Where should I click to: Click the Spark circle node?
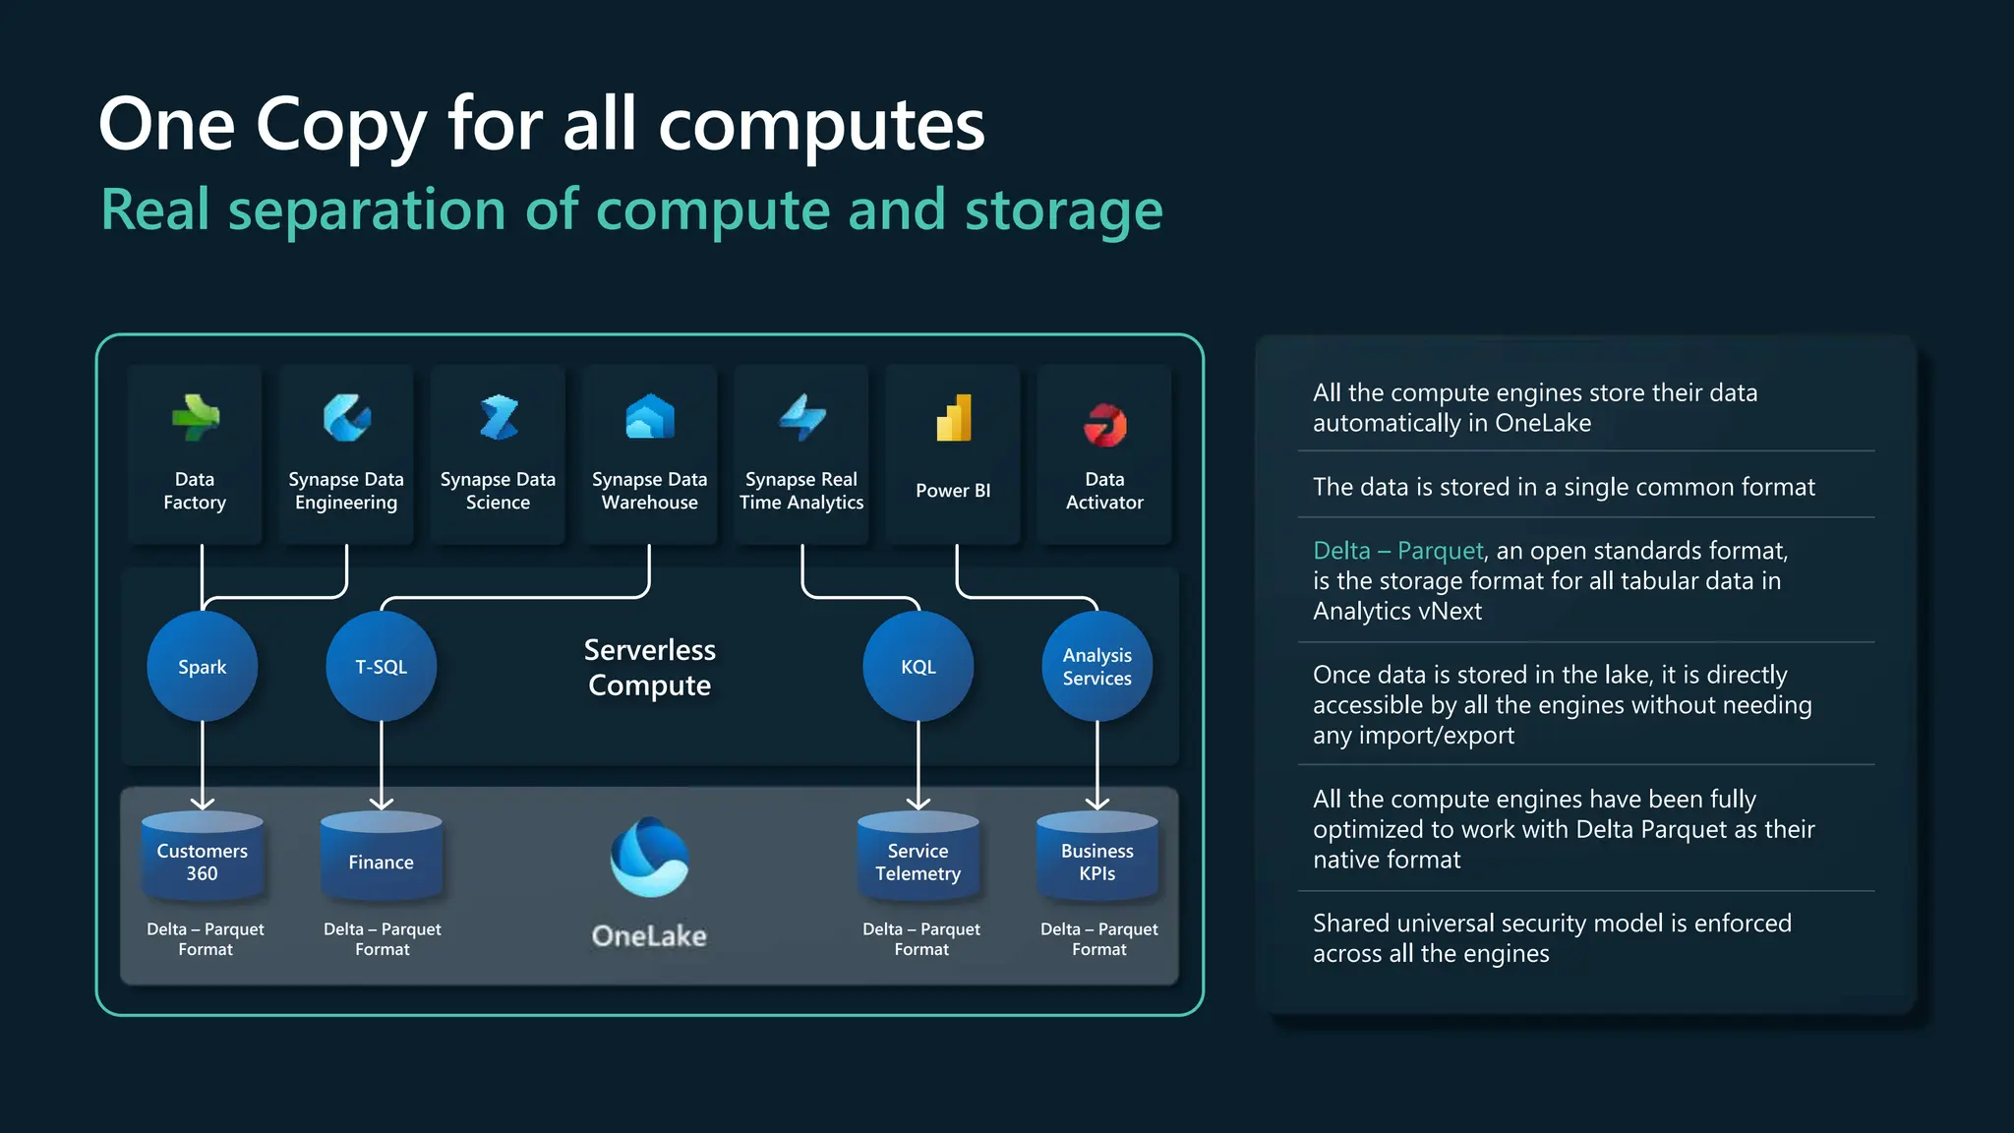tap(202, 667)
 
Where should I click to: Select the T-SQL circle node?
tap(381, 667)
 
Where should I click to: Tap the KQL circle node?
tap(918, 667)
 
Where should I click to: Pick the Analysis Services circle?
tap(1096, 667)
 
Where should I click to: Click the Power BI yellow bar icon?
tap(953, 419)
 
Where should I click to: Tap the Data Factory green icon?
tap(195, 418)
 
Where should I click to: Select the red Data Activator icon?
tap(1104, 425)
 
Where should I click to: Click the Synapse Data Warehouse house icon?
tap(649, 417)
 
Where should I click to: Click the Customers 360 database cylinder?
tap(202, 859)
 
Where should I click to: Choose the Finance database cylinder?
tap(381, 859)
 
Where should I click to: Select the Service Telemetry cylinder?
tap(918, 859)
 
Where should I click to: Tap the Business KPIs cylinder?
tap(1096, 859)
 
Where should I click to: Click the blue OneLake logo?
tap(649, 858)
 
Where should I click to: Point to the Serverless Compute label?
tap(649, 668)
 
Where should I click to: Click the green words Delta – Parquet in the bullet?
tap(1397, 551)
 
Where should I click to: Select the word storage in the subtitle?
tap(1063, 210)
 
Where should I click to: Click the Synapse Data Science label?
tap(498, 491)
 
